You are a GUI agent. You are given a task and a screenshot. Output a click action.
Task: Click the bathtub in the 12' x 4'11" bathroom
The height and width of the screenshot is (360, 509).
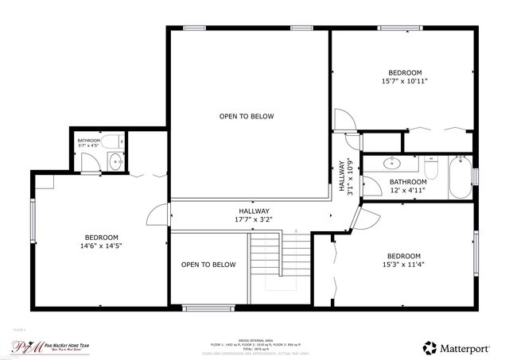click(x=460, y=177)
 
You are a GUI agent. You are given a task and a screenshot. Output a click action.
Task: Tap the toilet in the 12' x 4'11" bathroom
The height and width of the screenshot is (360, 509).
click(x=431, y=168)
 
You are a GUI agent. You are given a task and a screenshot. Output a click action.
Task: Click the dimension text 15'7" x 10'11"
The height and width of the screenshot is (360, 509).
click(x=406, y=80)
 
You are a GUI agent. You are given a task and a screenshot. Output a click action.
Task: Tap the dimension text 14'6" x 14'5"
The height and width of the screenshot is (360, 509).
click(x=102, y=246)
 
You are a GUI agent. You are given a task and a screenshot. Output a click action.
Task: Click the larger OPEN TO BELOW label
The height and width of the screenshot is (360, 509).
click(x=247, y=117)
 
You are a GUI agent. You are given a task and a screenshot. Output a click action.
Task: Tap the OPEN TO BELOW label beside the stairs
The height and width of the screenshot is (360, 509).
click(x=208, y=265)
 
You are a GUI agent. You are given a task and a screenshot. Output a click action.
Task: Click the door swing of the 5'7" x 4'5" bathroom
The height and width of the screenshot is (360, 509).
click(x=92, y=162)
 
